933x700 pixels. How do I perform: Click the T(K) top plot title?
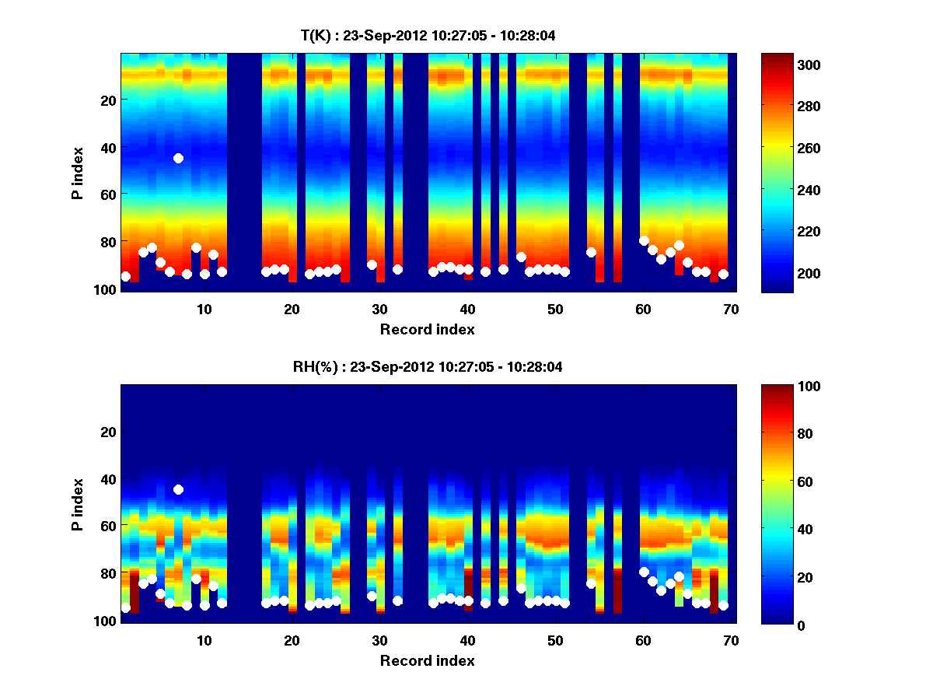(x=428, y=36)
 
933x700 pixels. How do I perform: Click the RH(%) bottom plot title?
(x=428, y=367)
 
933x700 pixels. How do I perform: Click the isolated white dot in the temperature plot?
(x=178, y=158)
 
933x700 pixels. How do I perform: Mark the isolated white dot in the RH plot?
(x=178, y=489)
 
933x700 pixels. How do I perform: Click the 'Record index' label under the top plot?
(x=428, y=329)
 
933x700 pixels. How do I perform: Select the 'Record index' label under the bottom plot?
(x=428, y=660)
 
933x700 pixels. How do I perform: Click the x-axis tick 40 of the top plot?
(x=467, y=309)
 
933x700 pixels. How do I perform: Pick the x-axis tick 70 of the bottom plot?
(x=731, y=640)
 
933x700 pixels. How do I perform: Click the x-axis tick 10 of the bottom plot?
(x=204, y=640)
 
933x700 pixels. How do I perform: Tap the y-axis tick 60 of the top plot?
(x=108, y=194)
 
